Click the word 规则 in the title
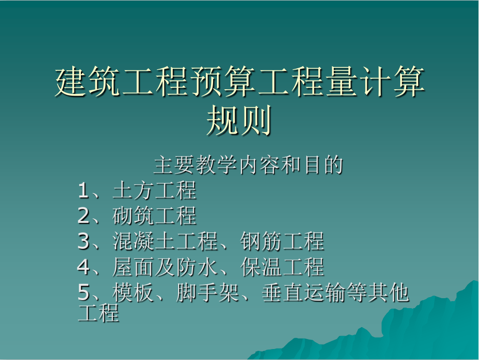coord(239,120)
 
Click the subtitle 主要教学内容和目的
coord(248,165)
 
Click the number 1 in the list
coord(83,190)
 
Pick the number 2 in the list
coord(83,216)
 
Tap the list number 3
coord(83,241)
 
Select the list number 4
coord(83,267)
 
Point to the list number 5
coord(83,292)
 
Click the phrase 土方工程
coord(154,190)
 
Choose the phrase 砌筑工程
coord(154,216)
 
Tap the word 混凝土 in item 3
coord(144,241)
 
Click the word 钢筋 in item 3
coord(261,241)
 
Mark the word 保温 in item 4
coord(261,267)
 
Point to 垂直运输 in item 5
coord(304,292)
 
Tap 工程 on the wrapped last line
coord(98,313)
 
